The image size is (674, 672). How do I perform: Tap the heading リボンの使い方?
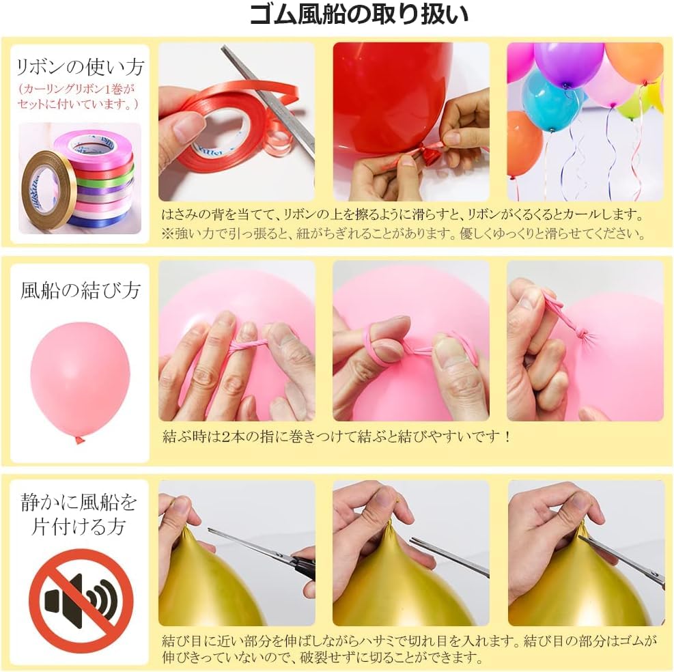[81, 67]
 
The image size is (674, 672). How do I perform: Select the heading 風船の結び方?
[81, 290]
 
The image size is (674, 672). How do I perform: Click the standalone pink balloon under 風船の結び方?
[80, 380]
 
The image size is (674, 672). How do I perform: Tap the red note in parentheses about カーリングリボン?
[81, 96]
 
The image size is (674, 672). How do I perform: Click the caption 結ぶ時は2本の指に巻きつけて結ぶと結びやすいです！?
[336, 436]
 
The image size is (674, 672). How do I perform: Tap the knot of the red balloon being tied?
[429, 154]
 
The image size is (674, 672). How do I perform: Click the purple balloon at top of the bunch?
[568, 63]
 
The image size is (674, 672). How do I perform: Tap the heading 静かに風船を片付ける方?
[81, 515]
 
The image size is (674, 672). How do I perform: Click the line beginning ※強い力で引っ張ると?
[403, 234]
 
